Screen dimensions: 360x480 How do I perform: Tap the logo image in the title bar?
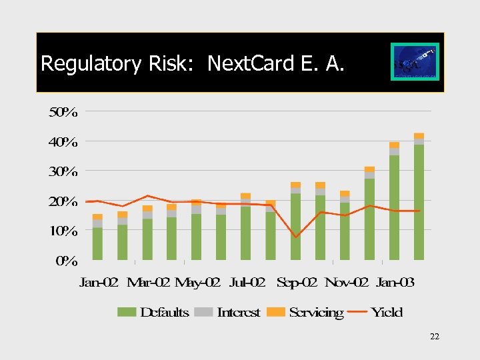pyautogui.click(x=415, y=62)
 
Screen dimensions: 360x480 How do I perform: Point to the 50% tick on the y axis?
pyautogui.click(x=63, y=112)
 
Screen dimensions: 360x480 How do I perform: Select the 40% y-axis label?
pyautogui.click(x=63, y=141)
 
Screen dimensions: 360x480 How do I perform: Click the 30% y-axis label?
pyautogui.click(x=63, y=171)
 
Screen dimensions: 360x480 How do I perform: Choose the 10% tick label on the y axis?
pyautogui.click(x=63, y=231)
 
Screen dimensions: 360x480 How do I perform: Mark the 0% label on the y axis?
pyautogui.click(x=66, y=261)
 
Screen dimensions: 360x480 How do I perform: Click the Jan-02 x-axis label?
pyautogui.click(x=99, y=283)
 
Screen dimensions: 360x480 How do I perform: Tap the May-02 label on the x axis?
pyautogui.click(x=197, y=283)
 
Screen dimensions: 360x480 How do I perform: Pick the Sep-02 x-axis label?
pyautogui.click(x=297, y=283)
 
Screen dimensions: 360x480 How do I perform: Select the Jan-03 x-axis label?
pyautogui.click(x=395, y=283)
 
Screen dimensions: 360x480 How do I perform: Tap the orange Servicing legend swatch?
pyautogui.click(x=275, y=312)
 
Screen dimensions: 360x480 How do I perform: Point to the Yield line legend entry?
pyautogui.click(x=377, y=312)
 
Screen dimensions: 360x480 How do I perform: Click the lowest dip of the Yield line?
pyautogui.click(x=296, y=237)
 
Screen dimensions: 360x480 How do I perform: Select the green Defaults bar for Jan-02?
pyautogui.click(x=97, y=243)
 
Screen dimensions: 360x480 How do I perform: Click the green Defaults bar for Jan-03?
pyautogui.click(x=394, y=207)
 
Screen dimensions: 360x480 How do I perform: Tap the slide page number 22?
pyautogui.click(x=434, y=337)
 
